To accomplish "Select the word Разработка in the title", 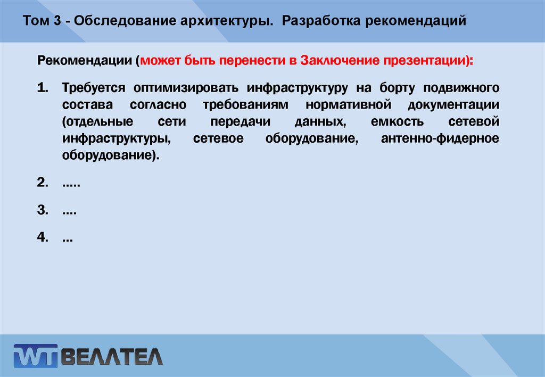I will [318, 22].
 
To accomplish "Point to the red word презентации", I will [424, 61].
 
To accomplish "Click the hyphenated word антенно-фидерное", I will [440, 139].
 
